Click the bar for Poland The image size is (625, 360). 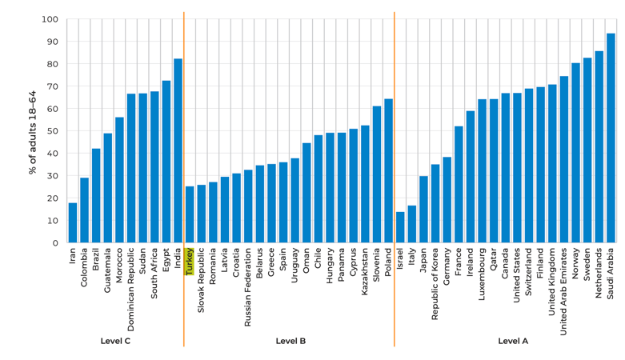point(388,171)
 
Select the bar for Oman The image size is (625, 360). point(306,193)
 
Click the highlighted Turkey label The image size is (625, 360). point(190,262)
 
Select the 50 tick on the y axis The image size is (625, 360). point(52,131)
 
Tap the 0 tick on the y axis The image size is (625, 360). point(54,243)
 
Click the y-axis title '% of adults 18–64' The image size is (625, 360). point(33,131)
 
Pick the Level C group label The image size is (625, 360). point(115,341)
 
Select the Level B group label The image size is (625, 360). point(290,341)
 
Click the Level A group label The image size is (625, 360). point(513,341)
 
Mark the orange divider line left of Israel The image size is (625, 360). point(395,160)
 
